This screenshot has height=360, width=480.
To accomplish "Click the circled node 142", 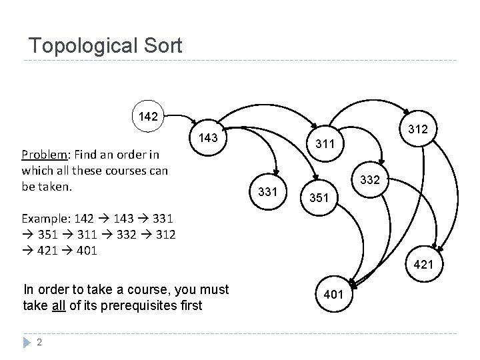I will click(x=148, y=117).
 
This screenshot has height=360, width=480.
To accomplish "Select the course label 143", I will click(x=209, y=138).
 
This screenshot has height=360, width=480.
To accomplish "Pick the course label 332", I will click(x=371, y=179).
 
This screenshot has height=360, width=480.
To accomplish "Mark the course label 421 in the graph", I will click(x=423, y=265).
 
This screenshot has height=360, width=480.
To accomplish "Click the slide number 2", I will click(x=40, y=343).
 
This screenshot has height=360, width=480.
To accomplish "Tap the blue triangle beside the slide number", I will click(x=25, y=343).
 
